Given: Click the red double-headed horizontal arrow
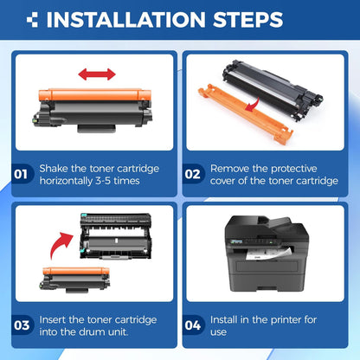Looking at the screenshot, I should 97,74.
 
